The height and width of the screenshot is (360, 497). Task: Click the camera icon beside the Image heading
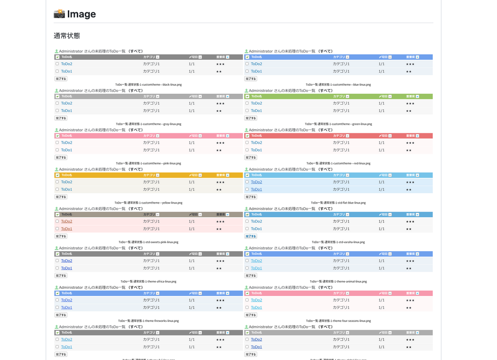(59, 14)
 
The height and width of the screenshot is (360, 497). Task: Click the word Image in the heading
(81, 14)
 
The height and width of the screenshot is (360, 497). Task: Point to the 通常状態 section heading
(67, 36)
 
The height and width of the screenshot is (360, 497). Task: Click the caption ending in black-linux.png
(148, 85)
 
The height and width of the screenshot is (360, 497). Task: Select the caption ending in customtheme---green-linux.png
(338, 124)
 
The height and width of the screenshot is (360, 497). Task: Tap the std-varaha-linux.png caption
(338, 242)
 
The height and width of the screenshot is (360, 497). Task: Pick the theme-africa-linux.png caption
(148, 281)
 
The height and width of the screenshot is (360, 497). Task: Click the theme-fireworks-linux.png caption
(148, 321)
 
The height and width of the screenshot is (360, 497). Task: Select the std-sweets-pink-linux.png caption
(148, 242)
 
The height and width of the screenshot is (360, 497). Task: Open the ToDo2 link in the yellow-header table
(67, 182)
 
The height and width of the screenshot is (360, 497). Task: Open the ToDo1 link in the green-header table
(256, 111)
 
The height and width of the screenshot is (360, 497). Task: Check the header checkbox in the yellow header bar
(57, 175)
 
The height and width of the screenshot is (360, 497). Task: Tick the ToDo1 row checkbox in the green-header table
(247, 111)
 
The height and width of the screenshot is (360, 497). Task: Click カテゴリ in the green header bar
(339, 96)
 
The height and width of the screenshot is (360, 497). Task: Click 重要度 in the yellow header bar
(220, 175)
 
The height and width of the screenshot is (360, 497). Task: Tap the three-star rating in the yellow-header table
(220, 182)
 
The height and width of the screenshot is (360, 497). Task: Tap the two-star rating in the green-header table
(408, 111)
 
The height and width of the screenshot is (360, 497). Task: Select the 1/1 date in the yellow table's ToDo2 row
(192, 182)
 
